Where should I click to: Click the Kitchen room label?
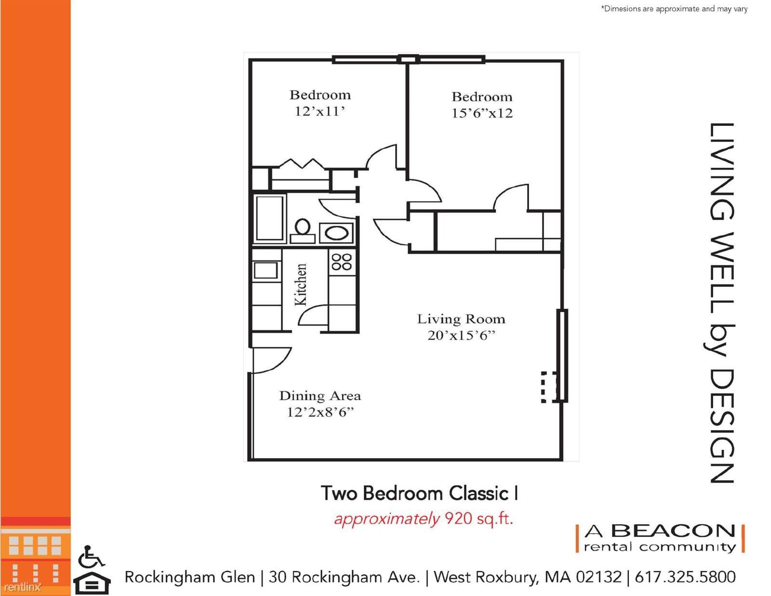click(x=300, y=284)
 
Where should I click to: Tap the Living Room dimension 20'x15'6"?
click(x=461, y=336)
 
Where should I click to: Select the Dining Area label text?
click(x=320, y=396)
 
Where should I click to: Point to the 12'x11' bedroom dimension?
click(x=319, y=111)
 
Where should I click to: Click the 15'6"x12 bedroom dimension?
click(x=482, y=113)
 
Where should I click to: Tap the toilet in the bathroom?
click(x=303, y=231)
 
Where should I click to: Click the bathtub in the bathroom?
click(x=270, y=218)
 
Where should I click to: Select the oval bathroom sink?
click(x=336, y=233)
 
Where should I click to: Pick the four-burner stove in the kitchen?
click(x=341, y=262)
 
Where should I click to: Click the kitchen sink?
click(x=266, y=271)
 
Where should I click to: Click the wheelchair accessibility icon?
click(x=91, y=557)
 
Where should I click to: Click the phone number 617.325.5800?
click(x=685, y=577)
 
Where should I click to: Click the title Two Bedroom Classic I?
click(x=419, y=493)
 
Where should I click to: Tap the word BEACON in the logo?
click(x=673, y=531)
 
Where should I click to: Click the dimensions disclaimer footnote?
click(x=674, y=9)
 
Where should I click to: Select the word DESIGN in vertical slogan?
click(x=722, y=426)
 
